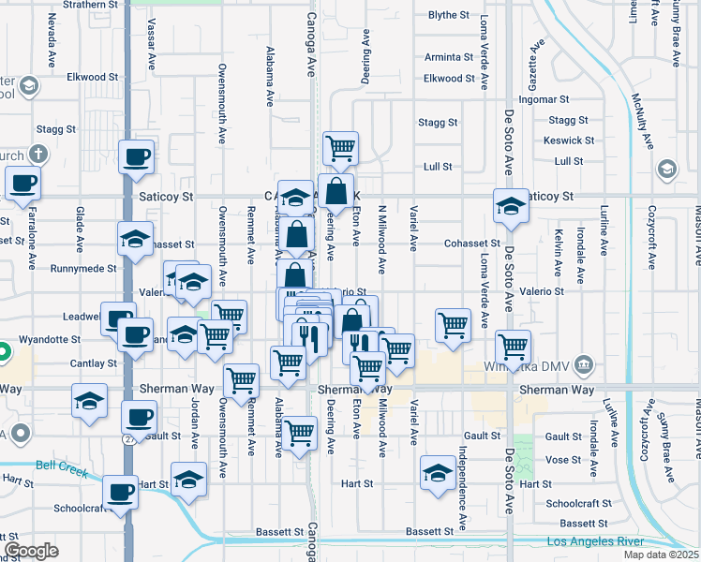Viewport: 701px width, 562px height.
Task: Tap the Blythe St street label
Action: (x=448, y=15)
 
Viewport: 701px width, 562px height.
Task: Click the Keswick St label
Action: (x=569, y=140)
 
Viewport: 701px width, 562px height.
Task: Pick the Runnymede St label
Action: (x=82, y=267)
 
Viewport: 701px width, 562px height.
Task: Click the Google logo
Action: (x=31, y=550)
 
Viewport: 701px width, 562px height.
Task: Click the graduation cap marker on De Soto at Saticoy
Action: (x=511, y=206)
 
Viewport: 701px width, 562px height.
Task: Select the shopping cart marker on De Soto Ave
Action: (x=513, y=347)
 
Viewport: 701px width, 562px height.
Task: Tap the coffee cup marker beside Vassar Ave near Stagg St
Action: (x=137, y=156)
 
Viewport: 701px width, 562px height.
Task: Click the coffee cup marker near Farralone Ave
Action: (x=22, y=183)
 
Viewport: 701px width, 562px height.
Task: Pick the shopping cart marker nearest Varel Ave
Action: (x=453, y=327)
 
